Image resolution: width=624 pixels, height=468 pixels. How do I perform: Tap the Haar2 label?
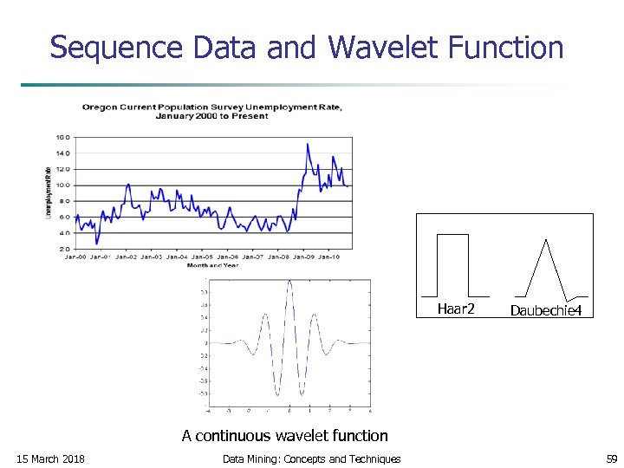(456, 309)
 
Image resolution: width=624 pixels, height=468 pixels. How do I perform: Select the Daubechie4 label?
(545, 309)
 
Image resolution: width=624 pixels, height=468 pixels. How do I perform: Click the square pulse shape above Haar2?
(452, 264)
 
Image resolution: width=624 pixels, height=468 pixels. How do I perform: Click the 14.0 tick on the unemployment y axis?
(63, 153)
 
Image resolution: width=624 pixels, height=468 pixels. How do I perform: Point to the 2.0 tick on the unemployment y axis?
(63, 249)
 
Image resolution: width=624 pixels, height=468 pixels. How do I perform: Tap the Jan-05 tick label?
(202, 257)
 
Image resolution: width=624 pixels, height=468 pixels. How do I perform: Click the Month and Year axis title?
(212, 265)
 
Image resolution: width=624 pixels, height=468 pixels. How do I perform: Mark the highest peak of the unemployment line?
(308, 145)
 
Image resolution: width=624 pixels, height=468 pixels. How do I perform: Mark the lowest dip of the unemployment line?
(97, 243)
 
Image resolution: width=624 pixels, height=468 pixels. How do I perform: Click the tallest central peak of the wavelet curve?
(289, 283)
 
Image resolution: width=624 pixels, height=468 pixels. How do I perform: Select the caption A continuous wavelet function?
(285, 435)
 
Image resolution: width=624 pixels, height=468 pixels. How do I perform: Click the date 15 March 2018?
(51, 458)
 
